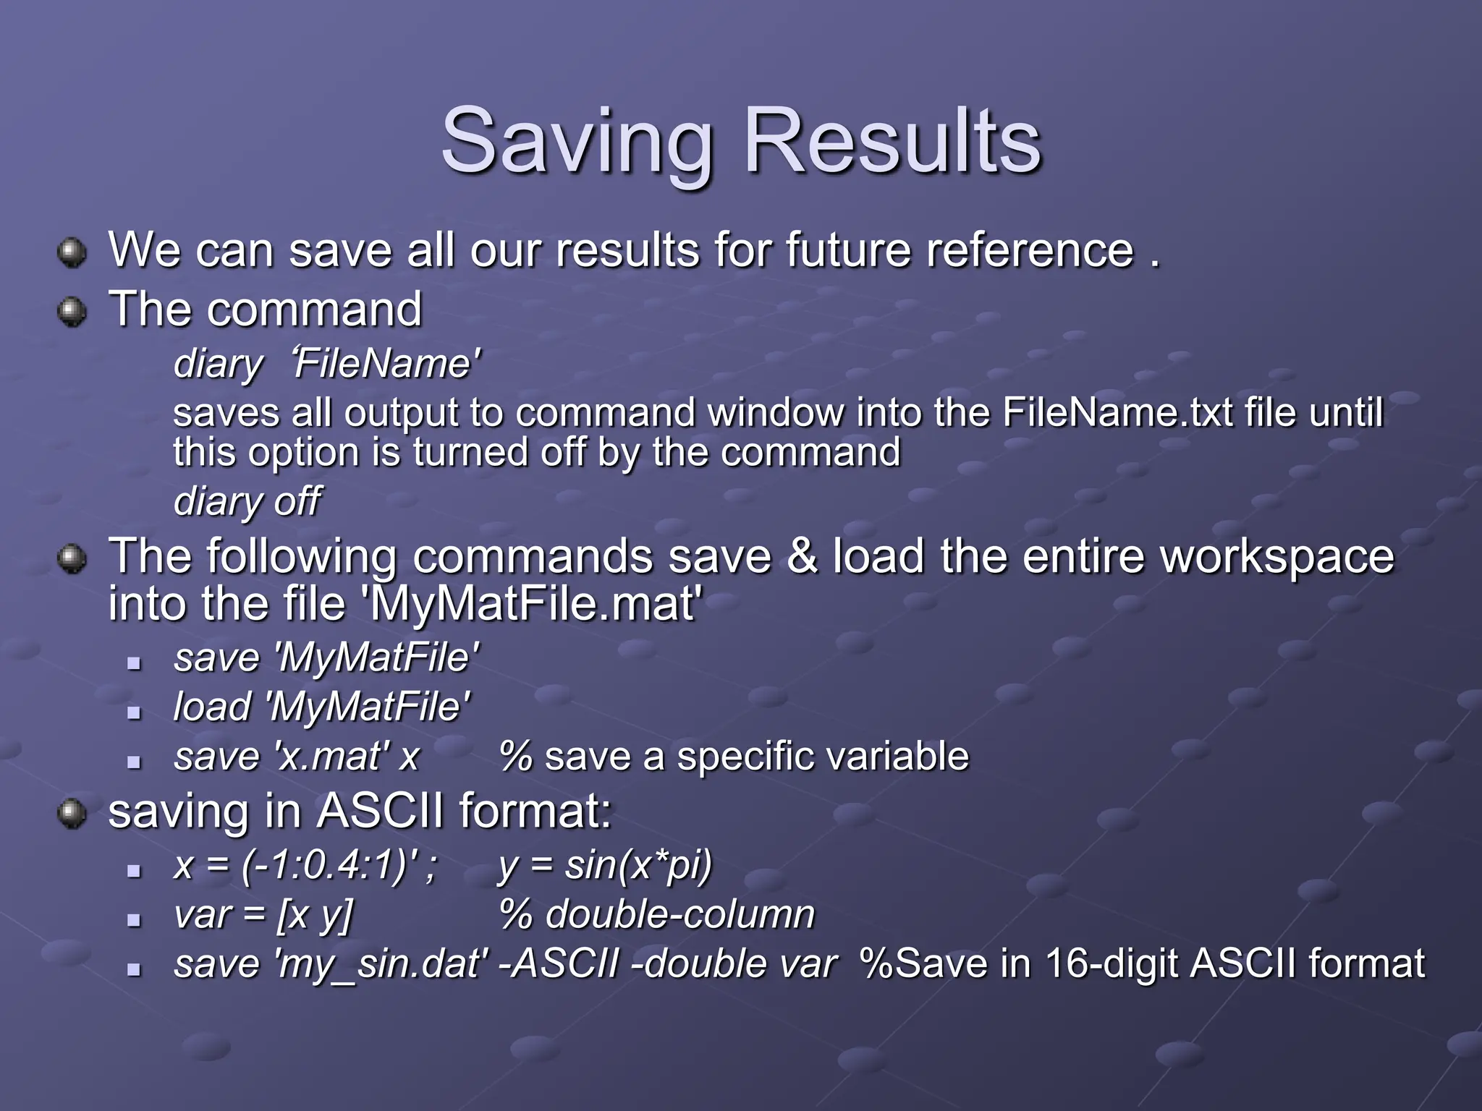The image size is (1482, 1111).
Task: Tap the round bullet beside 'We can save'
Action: click(x=72, y=252)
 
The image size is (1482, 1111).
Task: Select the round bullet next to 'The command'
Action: click(x=72, y=312)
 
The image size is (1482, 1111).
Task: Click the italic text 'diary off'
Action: click(x=246, y=501)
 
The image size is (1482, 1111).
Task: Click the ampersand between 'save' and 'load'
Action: click(x=801, y=556)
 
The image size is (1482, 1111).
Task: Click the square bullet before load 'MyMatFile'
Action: click(x=133, y=712)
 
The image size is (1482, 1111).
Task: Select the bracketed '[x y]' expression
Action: click(x=315, y=914)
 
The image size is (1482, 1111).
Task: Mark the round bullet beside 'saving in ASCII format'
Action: click(x=72, y=814)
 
